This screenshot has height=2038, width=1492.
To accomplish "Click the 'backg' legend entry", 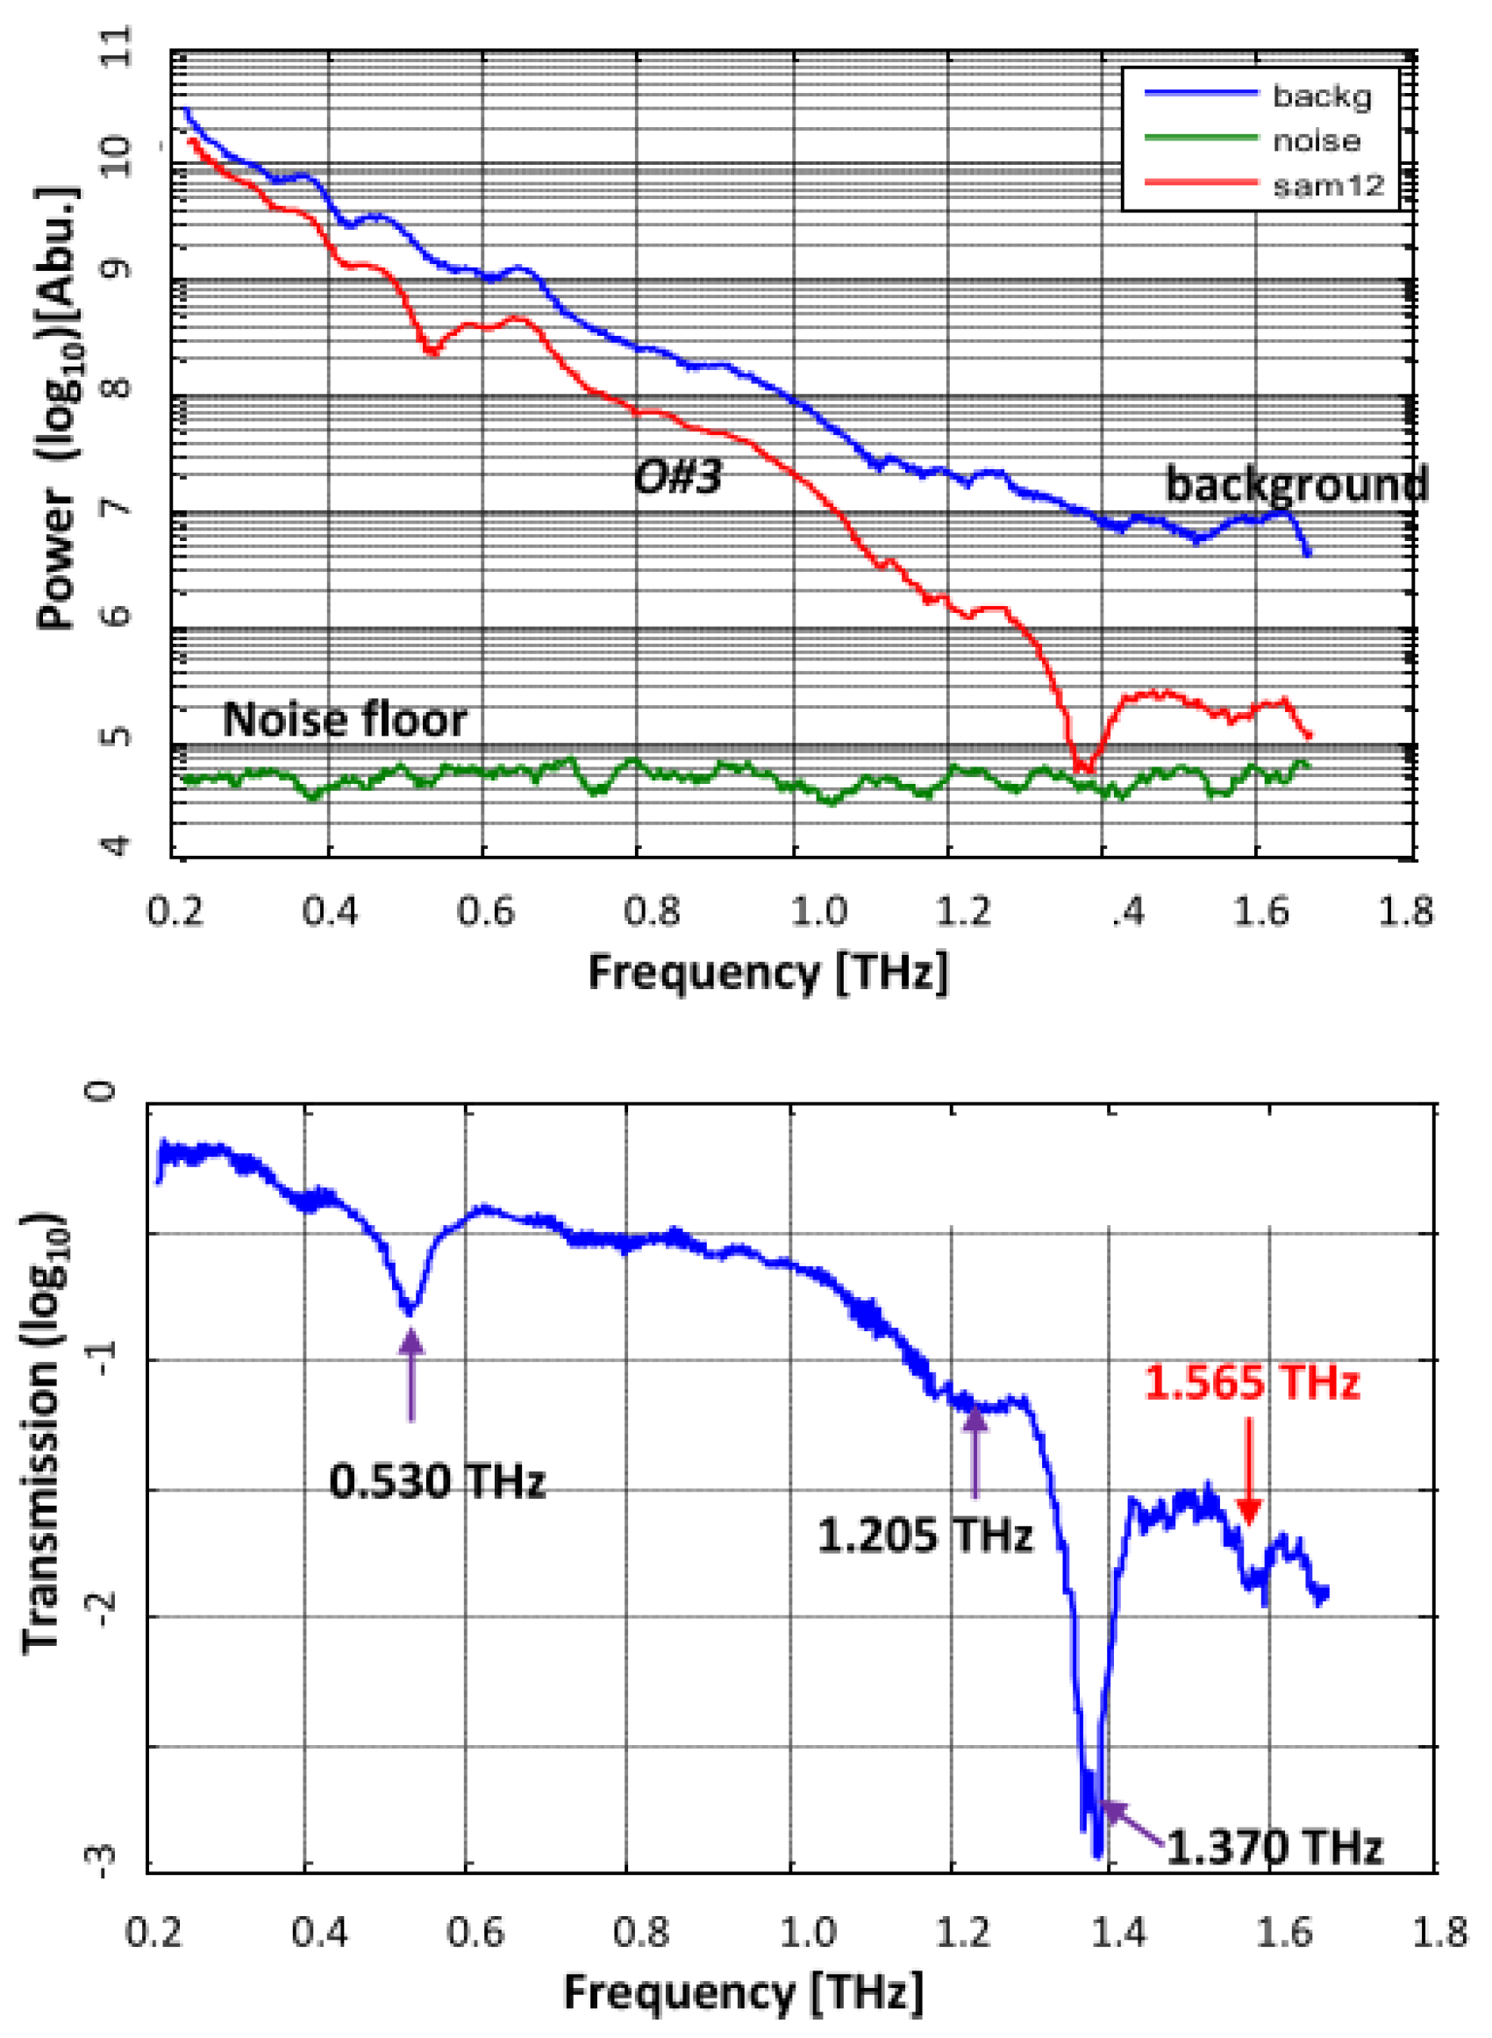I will point(1321,96).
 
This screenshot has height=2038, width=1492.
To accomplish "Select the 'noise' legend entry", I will point(1316,141).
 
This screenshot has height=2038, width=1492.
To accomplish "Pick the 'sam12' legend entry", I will point(1328,185).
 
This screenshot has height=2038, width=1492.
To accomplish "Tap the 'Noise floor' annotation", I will point(345,720).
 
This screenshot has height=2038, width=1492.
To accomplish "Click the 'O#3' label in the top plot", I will point(678,477).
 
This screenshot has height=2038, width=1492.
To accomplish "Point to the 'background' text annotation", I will point(1297,485).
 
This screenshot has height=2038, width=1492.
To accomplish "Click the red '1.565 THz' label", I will point(1252,1382).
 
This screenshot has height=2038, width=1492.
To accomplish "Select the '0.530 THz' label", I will point(437,1481).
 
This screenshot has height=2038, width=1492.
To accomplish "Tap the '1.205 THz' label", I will point(924,1535).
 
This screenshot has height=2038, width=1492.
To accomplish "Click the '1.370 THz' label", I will point(1274,1848).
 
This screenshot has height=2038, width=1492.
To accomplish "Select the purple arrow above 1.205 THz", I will point(974,1451).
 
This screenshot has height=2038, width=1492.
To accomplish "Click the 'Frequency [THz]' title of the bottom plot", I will point(743,1991).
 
